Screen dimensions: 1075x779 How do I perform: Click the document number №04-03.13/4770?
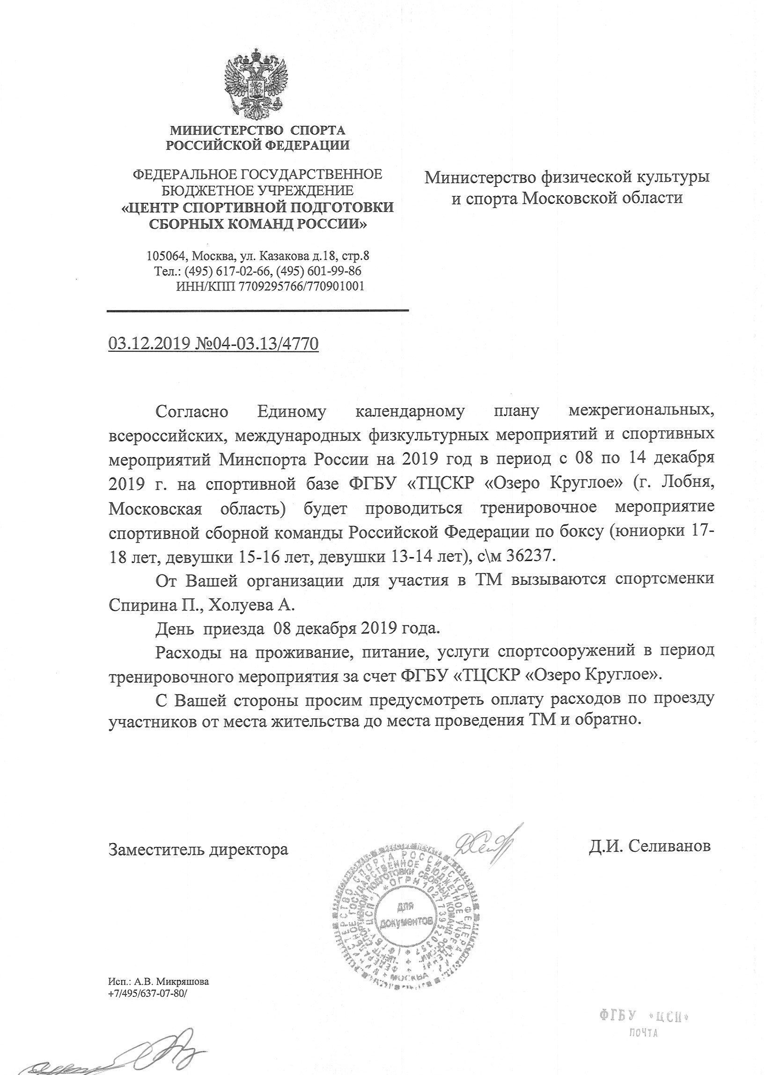click(x=257, y=343)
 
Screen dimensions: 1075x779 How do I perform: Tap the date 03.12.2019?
click(x=149, y=343)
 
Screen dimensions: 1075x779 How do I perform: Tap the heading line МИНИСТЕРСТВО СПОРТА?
click(x=257, y=130)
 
